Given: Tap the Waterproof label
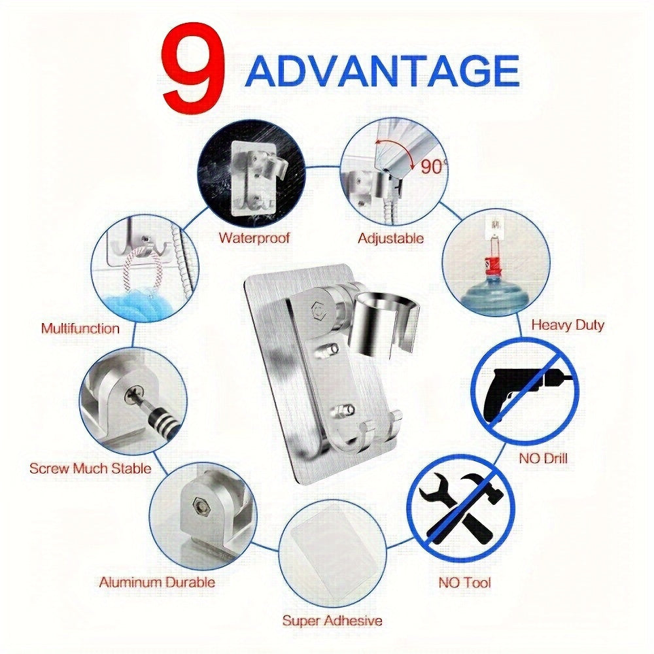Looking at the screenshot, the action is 254,238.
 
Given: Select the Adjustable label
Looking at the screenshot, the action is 390,238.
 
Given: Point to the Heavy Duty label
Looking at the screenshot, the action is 568,325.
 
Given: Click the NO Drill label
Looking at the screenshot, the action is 543,458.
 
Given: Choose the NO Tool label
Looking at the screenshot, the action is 464,582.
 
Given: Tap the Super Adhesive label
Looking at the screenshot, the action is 332,620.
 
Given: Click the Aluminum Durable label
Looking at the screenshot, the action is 157,582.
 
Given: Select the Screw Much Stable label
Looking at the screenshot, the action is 90,468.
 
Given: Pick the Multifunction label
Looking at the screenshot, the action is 80,328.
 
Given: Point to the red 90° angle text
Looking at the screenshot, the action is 432,167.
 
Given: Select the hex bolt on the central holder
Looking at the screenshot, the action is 318,309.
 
